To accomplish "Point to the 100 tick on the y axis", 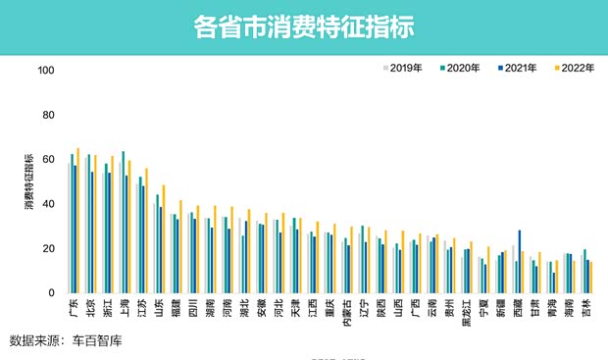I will [45, 71].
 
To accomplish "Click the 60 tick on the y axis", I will [48, 160].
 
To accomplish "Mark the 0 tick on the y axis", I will [51, 292].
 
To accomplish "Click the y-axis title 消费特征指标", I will [28, 180].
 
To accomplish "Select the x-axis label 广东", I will [74, 310].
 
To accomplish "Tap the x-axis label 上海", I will [125, 310].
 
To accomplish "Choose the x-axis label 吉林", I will [587, 310].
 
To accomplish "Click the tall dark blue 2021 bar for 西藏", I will [520, 261].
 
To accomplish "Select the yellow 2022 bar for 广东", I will [78, 221].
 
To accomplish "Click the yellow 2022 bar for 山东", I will [164, 239].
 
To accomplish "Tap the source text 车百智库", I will [96, 340].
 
